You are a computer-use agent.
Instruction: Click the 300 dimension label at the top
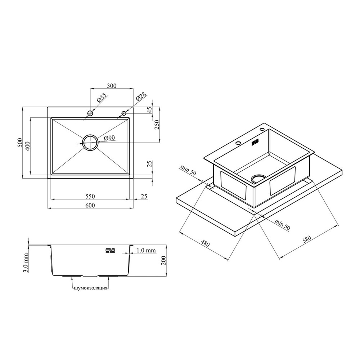112,86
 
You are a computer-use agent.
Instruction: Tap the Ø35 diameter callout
101,98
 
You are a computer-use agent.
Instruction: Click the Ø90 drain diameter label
109,138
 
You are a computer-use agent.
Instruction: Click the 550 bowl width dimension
90,196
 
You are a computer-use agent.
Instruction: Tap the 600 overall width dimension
90,205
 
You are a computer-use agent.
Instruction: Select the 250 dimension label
157,125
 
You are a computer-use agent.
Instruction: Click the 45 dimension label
149,110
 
